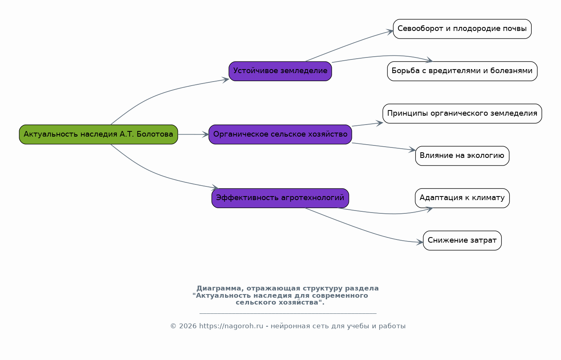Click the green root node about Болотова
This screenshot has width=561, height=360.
click(x=98, y=134)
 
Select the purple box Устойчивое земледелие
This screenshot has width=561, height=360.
click(x=280, y=71)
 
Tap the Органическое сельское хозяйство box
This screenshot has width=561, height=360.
click(x=280, y=134)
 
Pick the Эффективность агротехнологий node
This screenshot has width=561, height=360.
click(x=280, y=198)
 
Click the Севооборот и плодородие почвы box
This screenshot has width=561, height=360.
click(x=462, y=29)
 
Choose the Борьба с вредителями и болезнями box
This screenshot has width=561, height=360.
click(x=462, y=71)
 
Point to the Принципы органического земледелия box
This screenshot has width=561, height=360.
click(x=462, y=113)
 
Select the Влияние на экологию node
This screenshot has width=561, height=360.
click(x=462, y=156)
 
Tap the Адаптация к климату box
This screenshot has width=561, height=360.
click(x=462, y=198)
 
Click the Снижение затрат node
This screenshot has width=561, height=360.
click(x=462, y=241)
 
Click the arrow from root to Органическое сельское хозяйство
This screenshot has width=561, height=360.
click(x=193, y=135)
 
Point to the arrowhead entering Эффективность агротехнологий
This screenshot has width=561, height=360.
click(x=215, y=187)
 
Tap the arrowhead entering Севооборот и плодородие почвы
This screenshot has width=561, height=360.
click(x=390, y=32)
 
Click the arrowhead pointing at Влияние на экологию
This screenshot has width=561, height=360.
click(x=412, y=150)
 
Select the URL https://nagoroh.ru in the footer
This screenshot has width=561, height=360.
click(x=231, y=326)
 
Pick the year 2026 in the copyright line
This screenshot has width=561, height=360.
click(x=188, y=326)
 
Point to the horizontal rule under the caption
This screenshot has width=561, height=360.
click(x=288, y=313)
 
